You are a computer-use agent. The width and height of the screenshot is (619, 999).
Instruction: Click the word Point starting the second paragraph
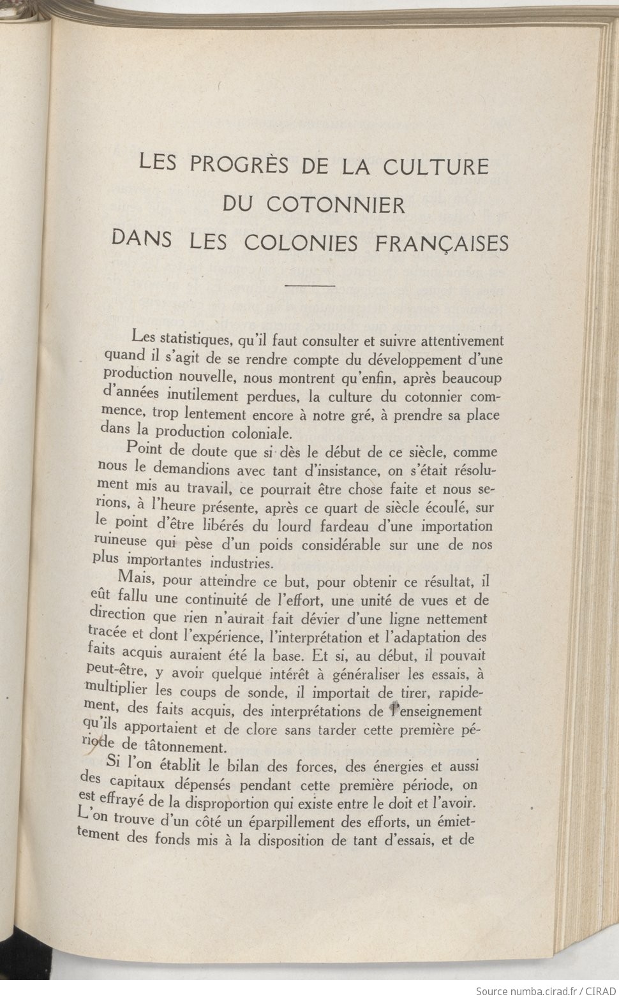tap(145, 450)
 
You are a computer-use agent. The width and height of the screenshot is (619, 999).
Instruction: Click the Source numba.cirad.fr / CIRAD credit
tap(548, 991)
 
